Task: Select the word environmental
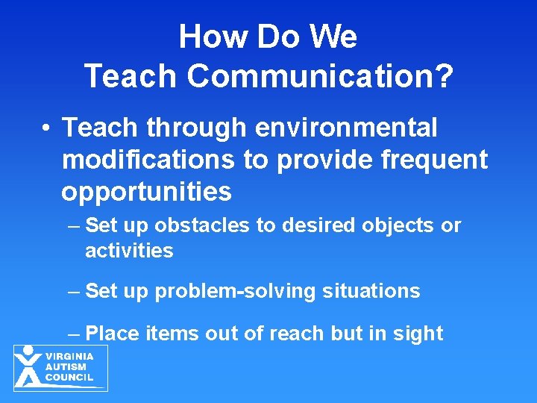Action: click(x=346, y=128)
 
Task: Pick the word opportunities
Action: click(x=146, y=193)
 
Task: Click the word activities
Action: click(x=129, y=251)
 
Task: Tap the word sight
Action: click(x=418, y=334)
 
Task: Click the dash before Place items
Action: click(x=73, y=334)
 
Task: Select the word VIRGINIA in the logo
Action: click(x=69, y=357)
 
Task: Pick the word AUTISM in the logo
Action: click(x=66, y=367)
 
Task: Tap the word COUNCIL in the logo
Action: click(x=69, y=378)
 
